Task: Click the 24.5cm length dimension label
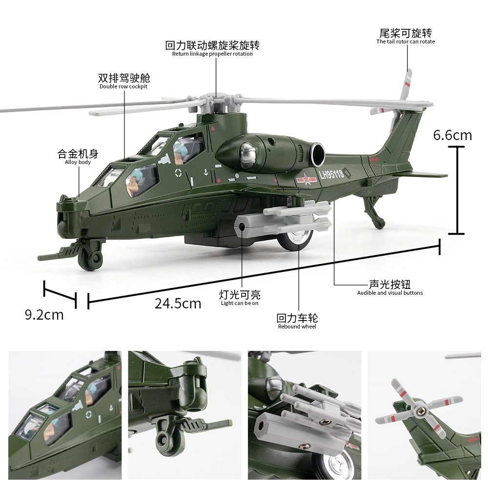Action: pos(178,304)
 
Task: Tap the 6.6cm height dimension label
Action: pos(452,135)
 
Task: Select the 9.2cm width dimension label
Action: pos(44,315)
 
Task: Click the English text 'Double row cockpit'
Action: pos(123,86)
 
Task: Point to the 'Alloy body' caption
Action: pos(78,162)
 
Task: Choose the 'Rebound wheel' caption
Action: pos(297,326)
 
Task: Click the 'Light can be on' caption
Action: pos(240,303)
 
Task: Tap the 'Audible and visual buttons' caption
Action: pos(390,293)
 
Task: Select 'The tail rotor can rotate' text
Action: pos(406,41)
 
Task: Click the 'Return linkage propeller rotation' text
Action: pos(212,54)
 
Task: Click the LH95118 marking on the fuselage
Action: pos(331,174)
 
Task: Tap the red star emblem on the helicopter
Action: pos(306,179)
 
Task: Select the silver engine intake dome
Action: pos(247,156)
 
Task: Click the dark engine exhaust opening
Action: pos(318,155)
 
